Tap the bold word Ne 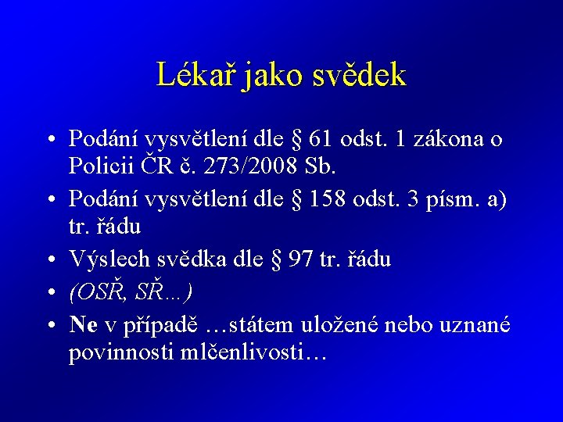point(84,324)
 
